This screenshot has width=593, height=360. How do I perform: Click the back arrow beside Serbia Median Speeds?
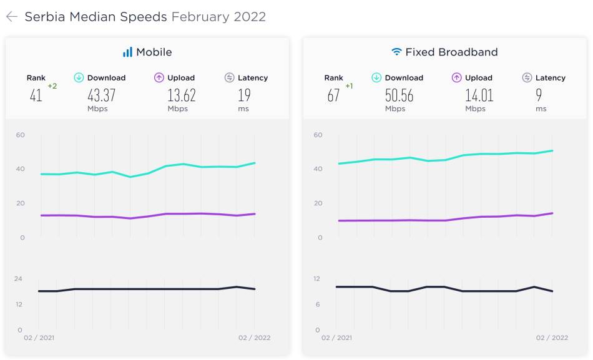(12, 17)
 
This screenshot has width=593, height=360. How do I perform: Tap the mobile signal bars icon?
(127, 52)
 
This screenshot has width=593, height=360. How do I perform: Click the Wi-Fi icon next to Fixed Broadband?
(396, 51)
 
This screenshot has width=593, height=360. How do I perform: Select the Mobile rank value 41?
(36, 95)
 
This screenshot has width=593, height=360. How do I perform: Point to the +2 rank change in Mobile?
(52, 86)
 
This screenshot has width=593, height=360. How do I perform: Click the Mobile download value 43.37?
(101, 95)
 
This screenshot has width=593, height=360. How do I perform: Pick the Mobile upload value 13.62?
(182, 95)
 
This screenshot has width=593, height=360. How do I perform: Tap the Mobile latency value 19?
(244, 95)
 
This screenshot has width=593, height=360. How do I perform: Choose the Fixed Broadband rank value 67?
(333, 95)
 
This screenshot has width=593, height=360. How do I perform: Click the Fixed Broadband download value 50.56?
(399, 95)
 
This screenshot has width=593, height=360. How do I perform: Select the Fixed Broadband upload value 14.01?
(479, 95)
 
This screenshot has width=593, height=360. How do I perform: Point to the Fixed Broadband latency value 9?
(539, 95)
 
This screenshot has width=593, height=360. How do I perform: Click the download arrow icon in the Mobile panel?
(79, 77)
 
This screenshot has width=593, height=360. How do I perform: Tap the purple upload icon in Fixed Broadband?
(456, 77)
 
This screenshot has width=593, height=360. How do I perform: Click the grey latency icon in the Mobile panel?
(229, 77)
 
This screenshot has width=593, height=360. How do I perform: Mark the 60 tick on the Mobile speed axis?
(21, 135)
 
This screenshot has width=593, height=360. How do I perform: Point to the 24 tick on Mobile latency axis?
(18, 279)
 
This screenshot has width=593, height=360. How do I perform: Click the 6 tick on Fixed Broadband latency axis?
(318, 304)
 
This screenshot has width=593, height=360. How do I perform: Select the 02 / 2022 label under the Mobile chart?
(254, 338)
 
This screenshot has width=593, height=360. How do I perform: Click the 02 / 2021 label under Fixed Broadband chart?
(336, 338)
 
